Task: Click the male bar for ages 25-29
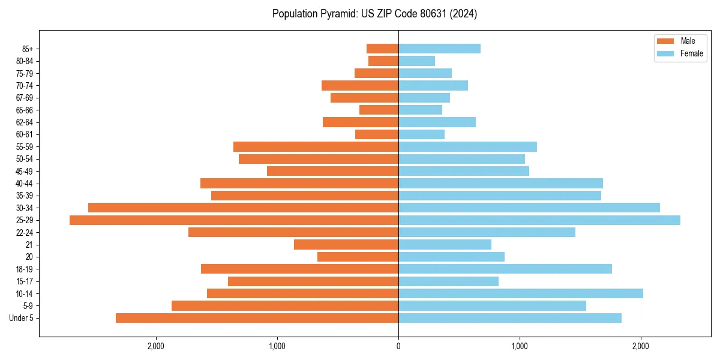(234, 220)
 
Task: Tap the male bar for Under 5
(257, 318)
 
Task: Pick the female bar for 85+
(439, 49)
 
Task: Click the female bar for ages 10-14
(520, 293)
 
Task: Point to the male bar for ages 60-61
(377, 134)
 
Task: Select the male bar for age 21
(346, 245)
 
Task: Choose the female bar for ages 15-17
(448, 281)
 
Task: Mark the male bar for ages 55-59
(316, 147)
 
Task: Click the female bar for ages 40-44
(500, 184)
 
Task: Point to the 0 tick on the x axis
(398, 346)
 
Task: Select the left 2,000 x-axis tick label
(155, 346)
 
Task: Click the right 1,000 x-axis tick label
(520, 346)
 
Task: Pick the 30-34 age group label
(25, 208)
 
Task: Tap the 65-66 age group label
(25, 110)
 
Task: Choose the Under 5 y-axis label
(22, 318)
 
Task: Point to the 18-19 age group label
(25, 269)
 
